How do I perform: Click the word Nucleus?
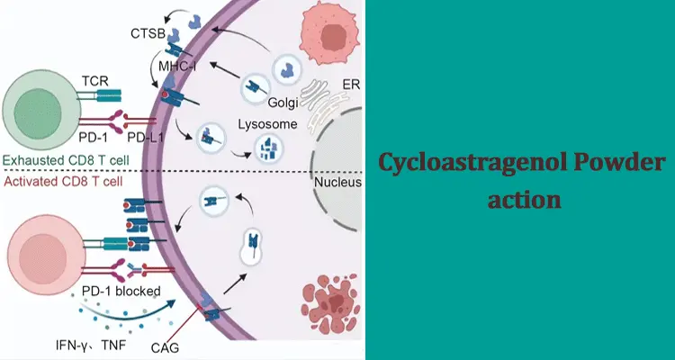(338, 183)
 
